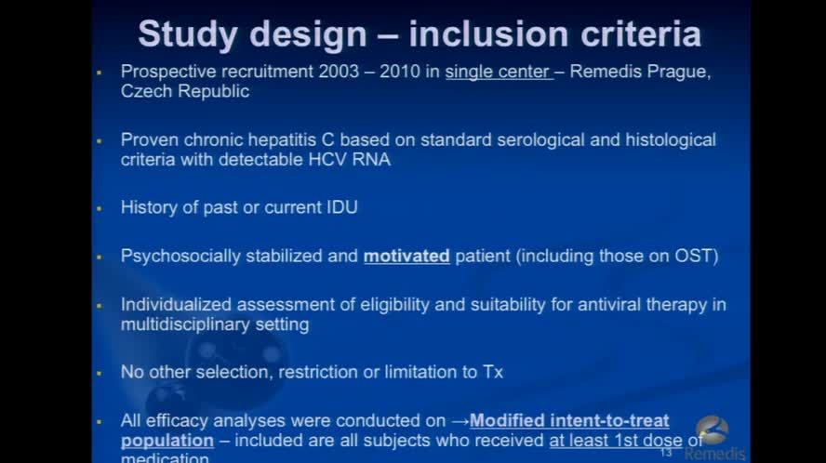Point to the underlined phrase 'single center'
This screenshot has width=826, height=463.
coord(498,73)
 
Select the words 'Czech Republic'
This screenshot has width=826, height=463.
coord(185,92)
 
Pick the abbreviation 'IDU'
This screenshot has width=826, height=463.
coord(338,207)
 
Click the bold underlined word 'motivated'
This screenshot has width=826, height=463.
coord(406,256)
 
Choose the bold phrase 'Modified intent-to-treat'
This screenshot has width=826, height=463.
coord(569,420)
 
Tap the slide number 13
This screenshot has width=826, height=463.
coord(666,452)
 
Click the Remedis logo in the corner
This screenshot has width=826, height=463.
coord(714,438)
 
